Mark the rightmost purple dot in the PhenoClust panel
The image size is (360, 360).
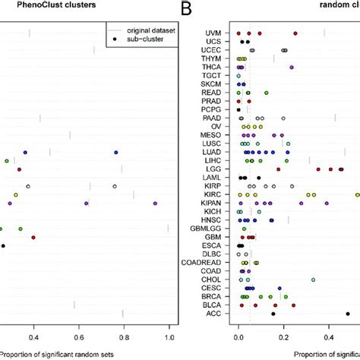point(155,204)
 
